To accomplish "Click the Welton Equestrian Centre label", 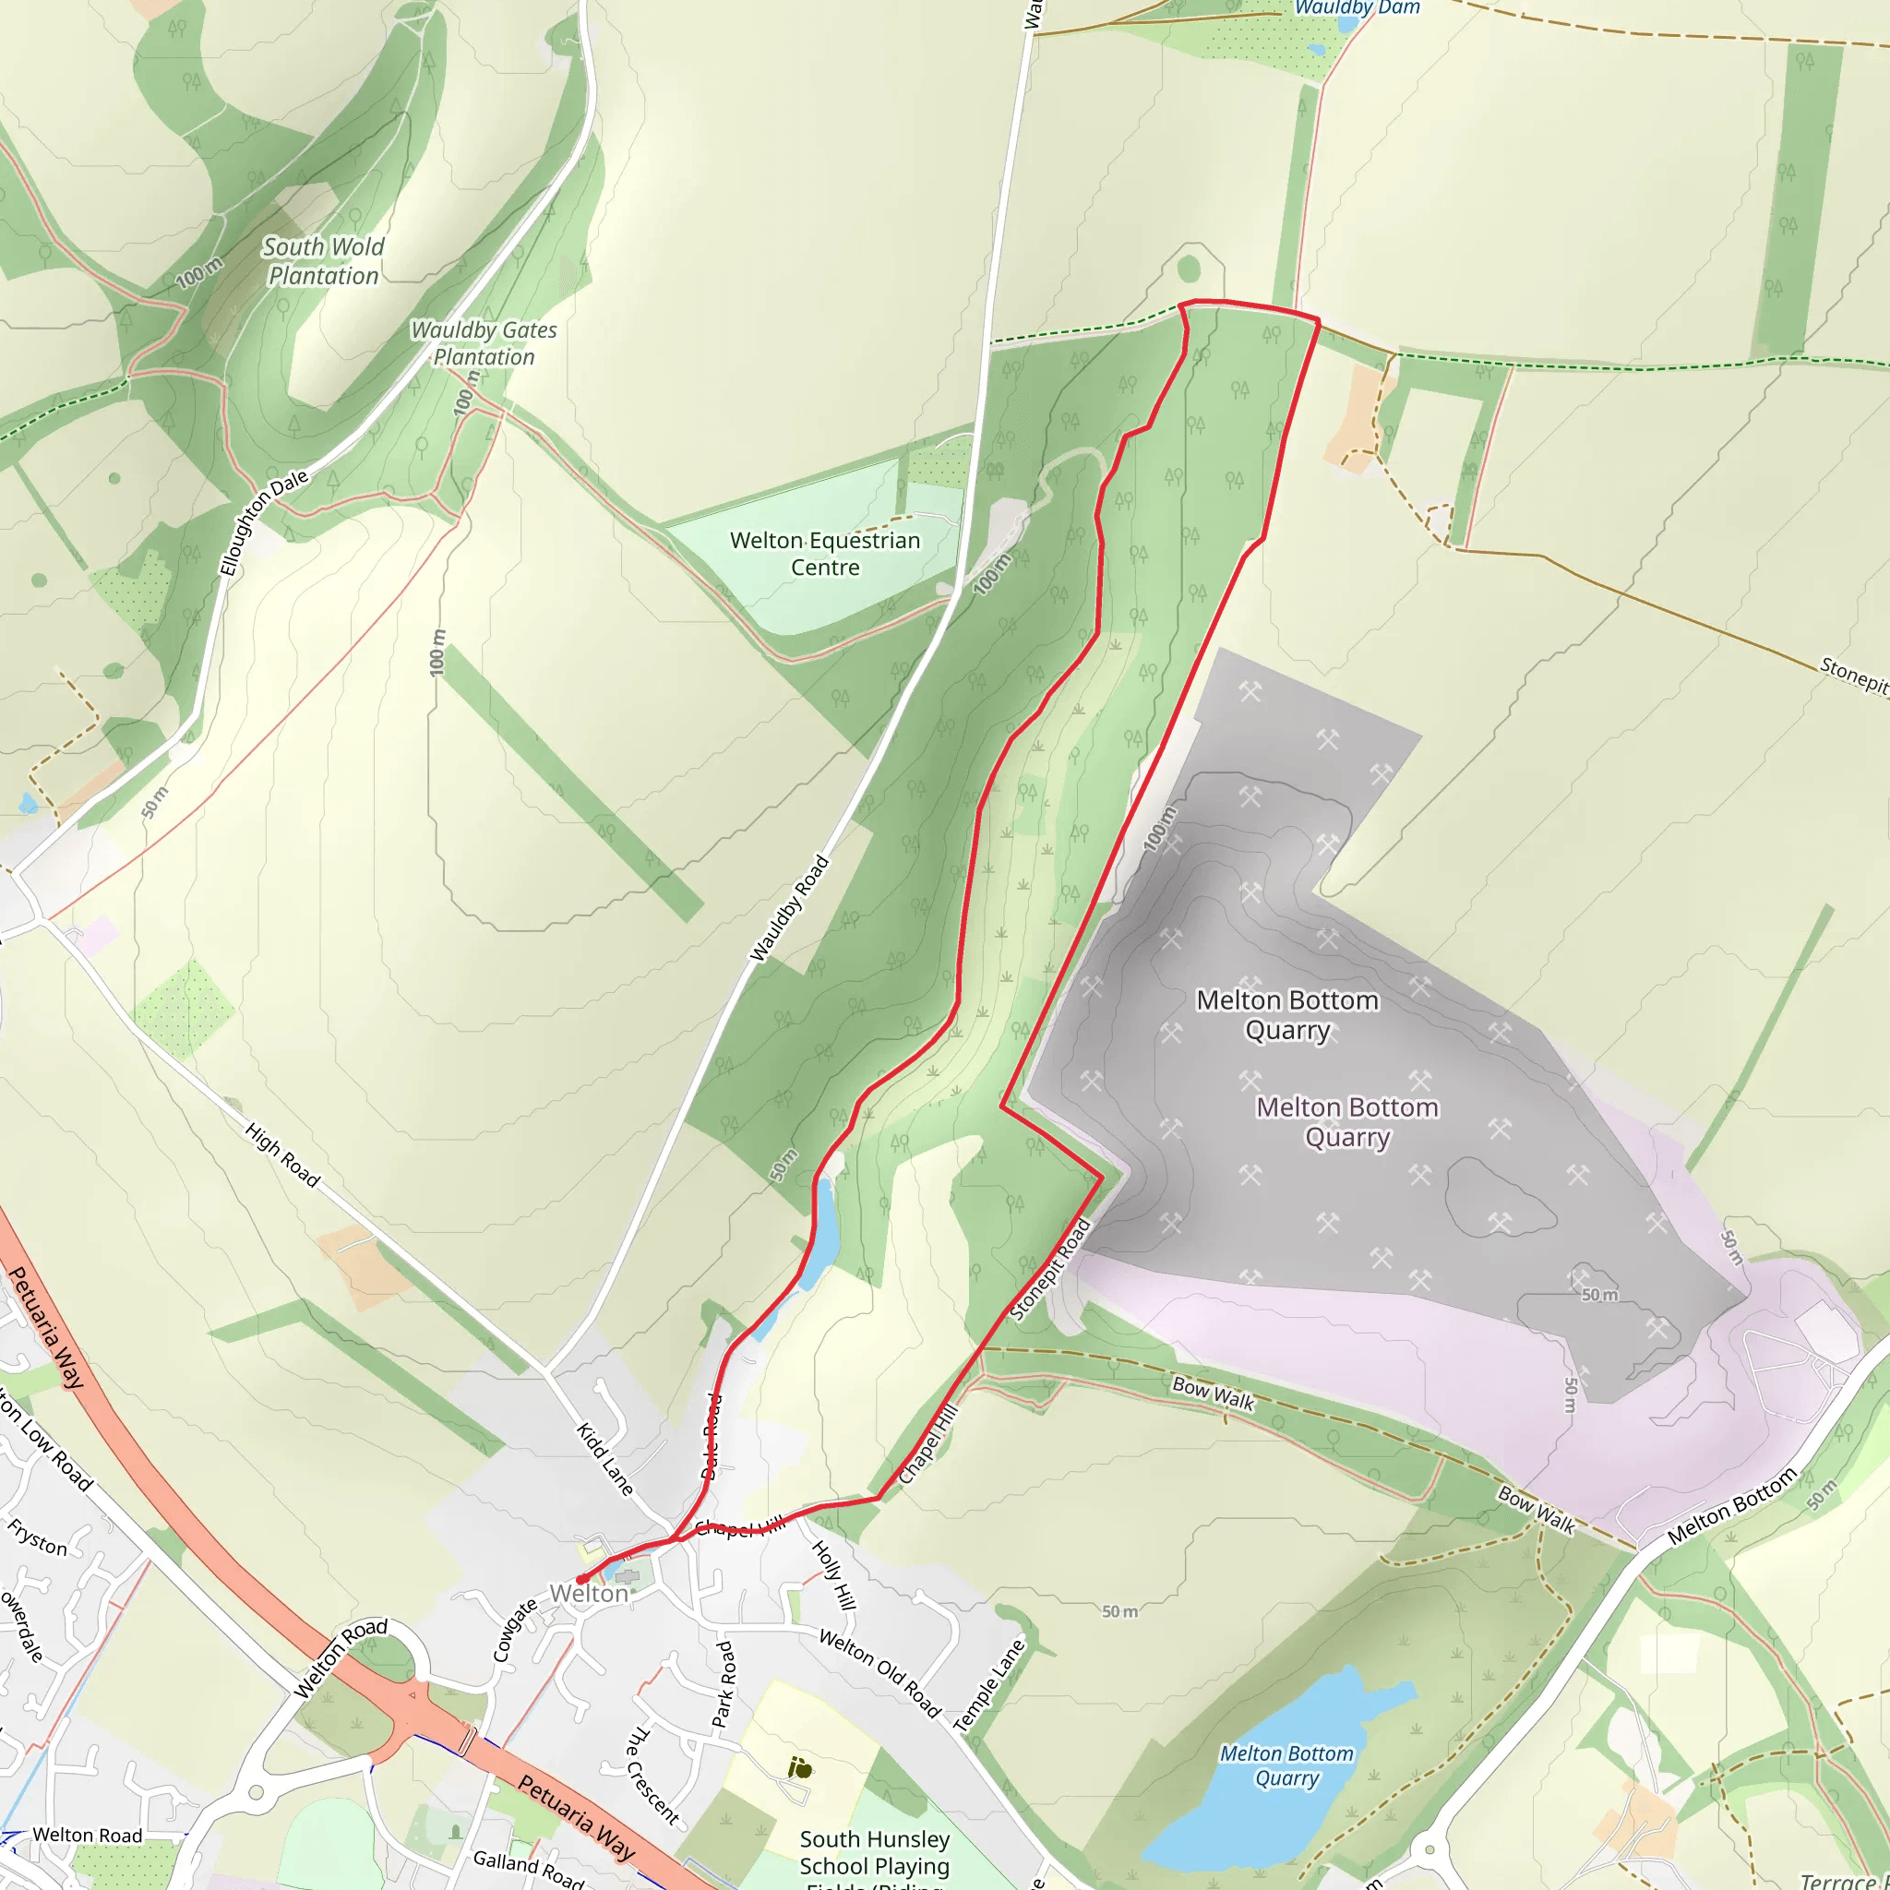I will tap(825, 554).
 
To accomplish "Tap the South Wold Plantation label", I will tap(323, 261).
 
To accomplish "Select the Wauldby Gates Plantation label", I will tap(484, 343).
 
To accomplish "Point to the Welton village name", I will tap(588, 1594).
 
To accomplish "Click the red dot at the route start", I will tap(581, 1579).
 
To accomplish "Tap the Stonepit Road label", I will tap(1049, 1270).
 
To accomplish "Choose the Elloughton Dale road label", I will tap(263, 522).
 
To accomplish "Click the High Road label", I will tap(282, 1155).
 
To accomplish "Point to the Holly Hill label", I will tap(834, 1575).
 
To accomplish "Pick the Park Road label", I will tap(723, 1682).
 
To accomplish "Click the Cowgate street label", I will tap(515, 1631).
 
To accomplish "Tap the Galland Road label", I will tap(528, 1869).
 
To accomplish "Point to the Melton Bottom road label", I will tap(1731, 1505).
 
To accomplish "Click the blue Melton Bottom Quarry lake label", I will tap(1286, 1765).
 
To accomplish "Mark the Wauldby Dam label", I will tap(1356, 7).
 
